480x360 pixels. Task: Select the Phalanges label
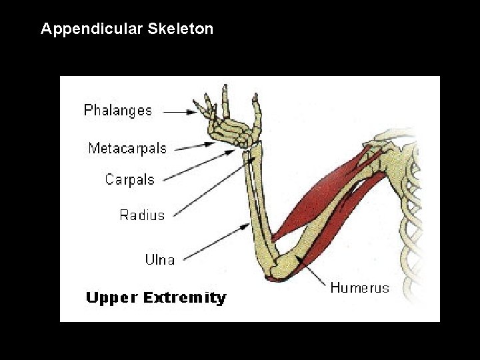click(118, 111)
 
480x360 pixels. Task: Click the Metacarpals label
click(127, 148)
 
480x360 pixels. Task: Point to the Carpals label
click(129, 179)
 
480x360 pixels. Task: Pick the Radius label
click(141, 215)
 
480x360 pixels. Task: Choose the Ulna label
click(160, 259)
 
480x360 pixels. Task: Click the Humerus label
click(359, 288)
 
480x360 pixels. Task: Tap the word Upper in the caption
click(111, 298)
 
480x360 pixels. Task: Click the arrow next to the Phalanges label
click(180, 113)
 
